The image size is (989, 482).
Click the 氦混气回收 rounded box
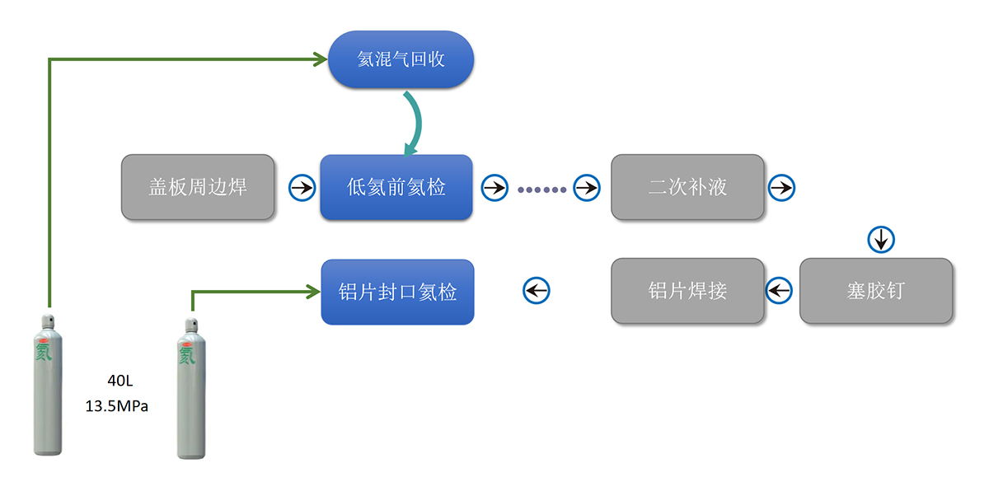pos(401,60)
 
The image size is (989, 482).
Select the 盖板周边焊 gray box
pos(198,187)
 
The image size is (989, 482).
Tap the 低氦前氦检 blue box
pos(396,187)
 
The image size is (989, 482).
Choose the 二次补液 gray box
pos(687,187)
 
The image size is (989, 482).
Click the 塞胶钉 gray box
pos(876,291)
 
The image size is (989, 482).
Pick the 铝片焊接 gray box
pos(687,291)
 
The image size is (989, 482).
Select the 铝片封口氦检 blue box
pos(397,292)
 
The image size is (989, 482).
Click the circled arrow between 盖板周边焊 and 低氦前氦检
pos(302,188)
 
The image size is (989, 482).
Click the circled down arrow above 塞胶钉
pos(882,240)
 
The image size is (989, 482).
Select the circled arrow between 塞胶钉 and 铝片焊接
pos(779,290)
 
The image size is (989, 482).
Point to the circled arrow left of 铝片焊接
pos(537,290)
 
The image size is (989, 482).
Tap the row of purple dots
pos(541,190)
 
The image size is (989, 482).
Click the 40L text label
pos(120,381)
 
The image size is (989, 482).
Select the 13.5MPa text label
pos(117,406)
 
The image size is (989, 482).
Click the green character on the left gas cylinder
pos(44,352)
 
